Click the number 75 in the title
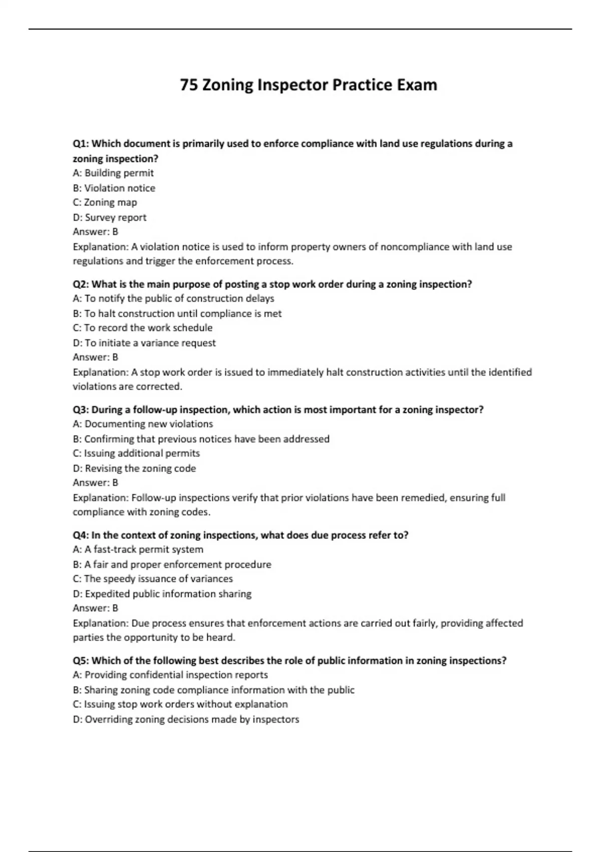pos(189,85)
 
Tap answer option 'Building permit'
pos(119,173)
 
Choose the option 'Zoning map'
pos(110,202)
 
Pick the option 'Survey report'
pos(115,218)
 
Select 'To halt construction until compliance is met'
pos(183,313)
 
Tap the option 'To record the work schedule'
pos(148,328)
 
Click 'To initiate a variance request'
pos(150,343)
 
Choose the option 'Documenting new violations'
pos(149,424)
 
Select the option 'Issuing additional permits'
pos(142,453)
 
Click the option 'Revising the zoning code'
pos(140,468)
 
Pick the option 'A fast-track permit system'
pos(144,549)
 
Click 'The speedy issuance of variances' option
pos(158,578)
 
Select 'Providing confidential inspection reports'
pos(176,675)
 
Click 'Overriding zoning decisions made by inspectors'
pos(192,719)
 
